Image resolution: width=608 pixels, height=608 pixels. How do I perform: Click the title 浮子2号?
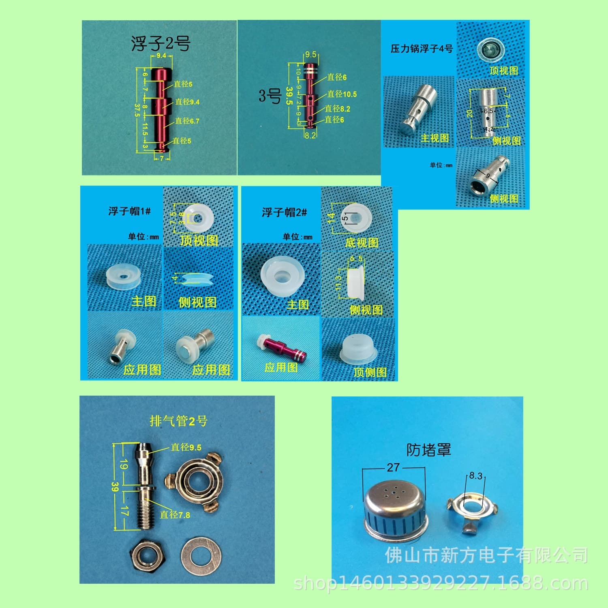161,43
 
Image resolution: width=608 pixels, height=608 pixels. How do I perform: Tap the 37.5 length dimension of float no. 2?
137,110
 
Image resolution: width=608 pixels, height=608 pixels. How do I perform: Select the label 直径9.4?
187,102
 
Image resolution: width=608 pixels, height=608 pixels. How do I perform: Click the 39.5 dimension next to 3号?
289,96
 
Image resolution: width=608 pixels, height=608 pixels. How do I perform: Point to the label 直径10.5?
342,94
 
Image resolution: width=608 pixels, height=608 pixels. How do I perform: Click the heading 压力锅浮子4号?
422,49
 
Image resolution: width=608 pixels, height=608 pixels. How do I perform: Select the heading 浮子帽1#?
129,211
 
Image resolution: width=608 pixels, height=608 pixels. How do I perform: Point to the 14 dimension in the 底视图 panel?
331,218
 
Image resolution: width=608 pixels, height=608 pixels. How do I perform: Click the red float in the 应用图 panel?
280,349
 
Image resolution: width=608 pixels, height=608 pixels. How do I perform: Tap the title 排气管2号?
178,421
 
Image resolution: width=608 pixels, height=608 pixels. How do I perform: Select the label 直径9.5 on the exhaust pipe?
186,447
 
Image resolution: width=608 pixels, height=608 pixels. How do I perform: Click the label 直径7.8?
175,515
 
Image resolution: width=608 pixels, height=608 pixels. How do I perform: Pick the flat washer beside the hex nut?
201,559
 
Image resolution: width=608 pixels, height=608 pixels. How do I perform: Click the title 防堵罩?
428,450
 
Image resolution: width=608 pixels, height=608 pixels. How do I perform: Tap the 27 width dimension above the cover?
393,468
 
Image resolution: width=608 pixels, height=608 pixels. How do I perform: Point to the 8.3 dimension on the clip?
476,475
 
